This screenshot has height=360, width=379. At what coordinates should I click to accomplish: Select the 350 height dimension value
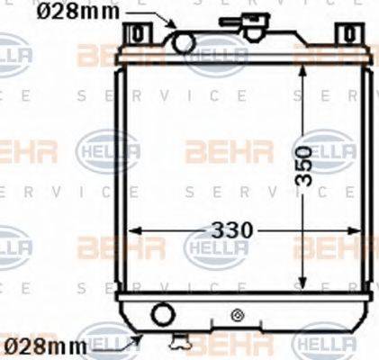click(307, 166)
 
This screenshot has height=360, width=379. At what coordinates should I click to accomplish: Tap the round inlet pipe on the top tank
click(184, 41)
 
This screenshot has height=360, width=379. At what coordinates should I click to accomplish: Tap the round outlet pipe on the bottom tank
click(163, 314)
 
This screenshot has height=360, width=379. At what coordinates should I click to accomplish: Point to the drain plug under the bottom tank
click(183, 340)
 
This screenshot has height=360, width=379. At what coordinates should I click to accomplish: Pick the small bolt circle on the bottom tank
click(237, 314)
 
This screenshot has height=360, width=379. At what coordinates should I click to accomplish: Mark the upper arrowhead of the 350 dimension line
click(302, 72)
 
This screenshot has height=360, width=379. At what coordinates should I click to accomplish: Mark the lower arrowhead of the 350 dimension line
click(302, 285)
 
